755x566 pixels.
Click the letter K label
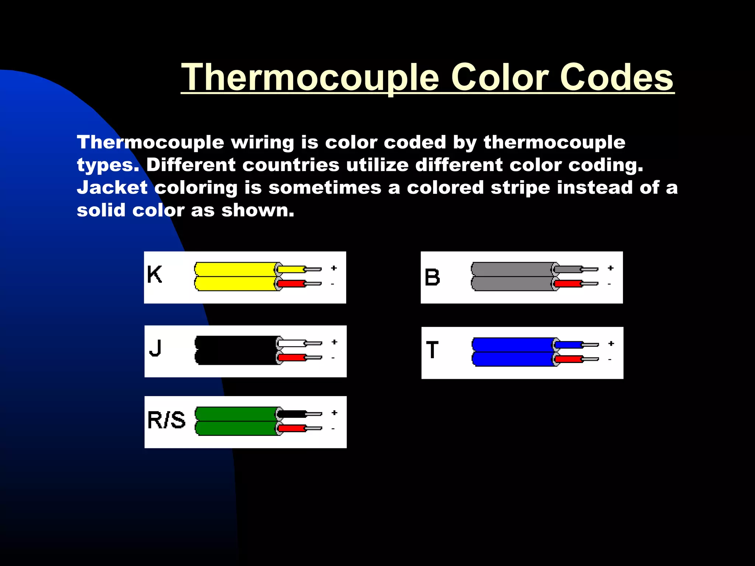coord(154,275)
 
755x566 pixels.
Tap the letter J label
coord(156,348)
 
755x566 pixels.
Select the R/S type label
coord(166,420)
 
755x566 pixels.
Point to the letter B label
coord(432,277)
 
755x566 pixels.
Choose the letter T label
coord(432,350)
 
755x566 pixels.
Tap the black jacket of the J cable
coord(236,350)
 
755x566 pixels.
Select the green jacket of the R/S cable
coord(236,421)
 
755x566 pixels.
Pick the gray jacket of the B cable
coord(512,276)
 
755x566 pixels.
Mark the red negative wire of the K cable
coord(291,284)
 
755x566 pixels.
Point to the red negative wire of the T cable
coord(568,359)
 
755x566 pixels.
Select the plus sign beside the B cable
coord(611,268)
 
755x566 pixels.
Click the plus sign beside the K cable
coord(334,268)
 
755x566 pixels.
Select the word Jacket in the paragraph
coord(112,188)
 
